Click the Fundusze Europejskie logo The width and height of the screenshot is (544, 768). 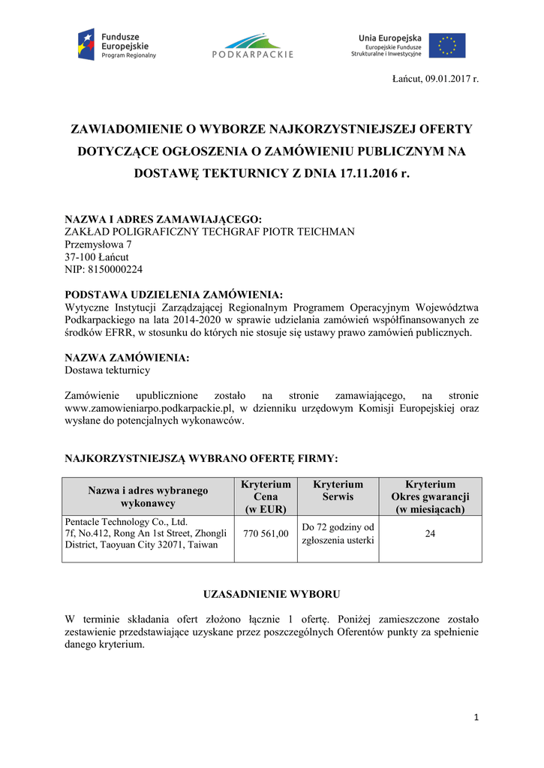(118, 45)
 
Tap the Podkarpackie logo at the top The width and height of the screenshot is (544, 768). (252, 45)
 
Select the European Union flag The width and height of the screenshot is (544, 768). (447, 45)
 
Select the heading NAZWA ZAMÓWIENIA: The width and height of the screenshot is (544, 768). (127, 358)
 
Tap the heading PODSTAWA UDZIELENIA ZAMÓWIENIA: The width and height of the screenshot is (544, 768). (174, 295)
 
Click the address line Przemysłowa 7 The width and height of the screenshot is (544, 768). (98, 244)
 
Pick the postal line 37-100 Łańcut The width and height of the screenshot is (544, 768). (97, 257)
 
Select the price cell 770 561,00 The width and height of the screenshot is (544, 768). (266, 534)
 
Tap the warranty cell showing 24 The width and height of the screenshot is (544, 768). (430, 534)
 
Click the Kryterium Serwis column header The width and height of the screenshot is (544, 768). (337, 490)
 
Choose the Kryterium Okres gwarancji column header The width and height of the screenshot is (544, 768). (430, 496)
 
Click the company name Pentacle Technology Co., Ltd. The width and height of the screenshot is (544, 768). (126, 521)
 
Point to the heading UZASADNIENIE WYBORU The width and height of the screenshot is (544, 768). (272, 594)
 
